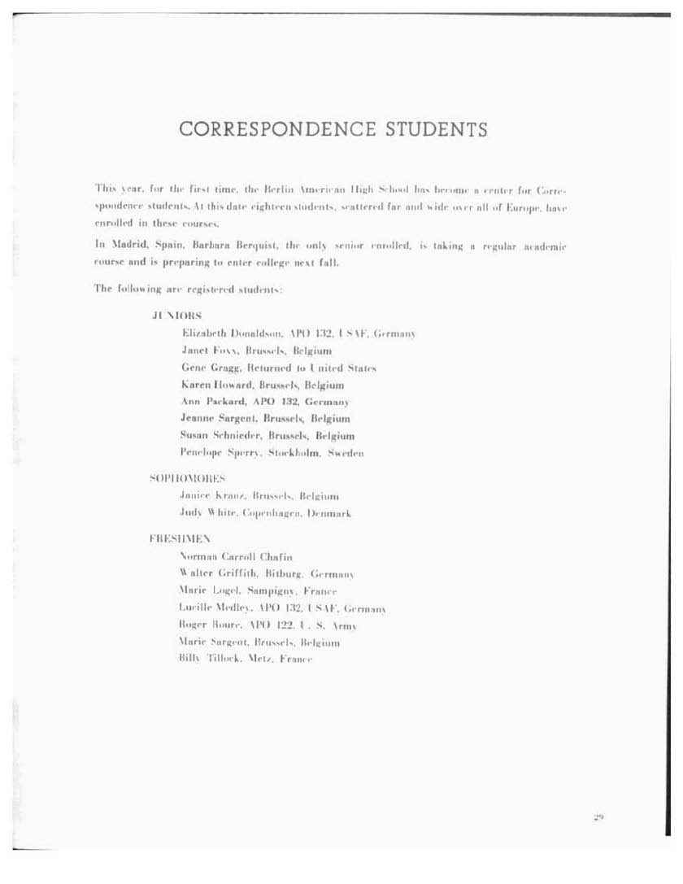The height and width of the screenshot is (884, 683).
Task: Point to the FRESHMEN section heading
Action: coord(180,538)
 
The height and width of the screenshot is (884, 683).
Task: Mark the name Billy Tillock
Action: coord(205,659)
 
